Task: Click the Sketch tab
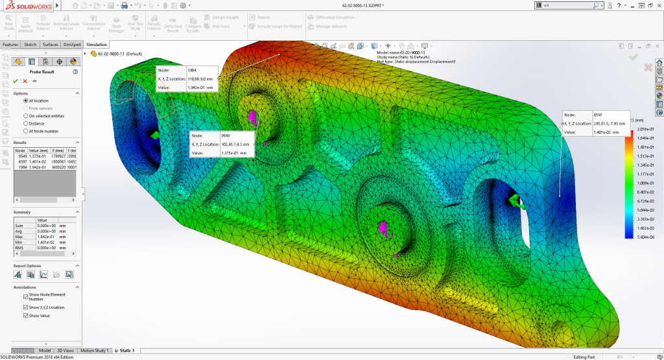click(x=30, y=45)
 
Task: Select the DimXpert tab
click(x=72, y=45)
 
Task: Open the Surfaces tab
click(x=50, y=45)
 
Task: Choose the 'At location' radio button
click(x=26, y=101)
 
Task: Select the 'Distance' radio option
click(x=26, y=123)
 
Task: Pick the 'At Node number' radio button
click(x=26, y=130)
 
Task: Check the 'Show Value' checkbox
click(x=26, y=316)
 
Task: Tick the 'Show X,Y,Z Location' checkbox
click(x=26, y=307)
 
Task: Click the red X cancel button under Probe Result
click(x=25, y=81)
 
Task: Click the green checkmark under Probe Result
click(x=16, y=81)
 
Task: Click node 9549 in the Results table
click(x=21, y=156)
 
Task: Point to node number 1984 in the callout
click(x=192, y=69)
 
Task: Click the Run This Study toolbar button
click(x=135, y=23)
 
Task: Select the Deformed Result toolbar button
click(x=173, y=23)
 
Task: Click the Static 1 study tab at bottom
click(x=124, y=350)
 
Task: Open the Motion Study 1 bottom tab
click(x=95, y=350)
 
